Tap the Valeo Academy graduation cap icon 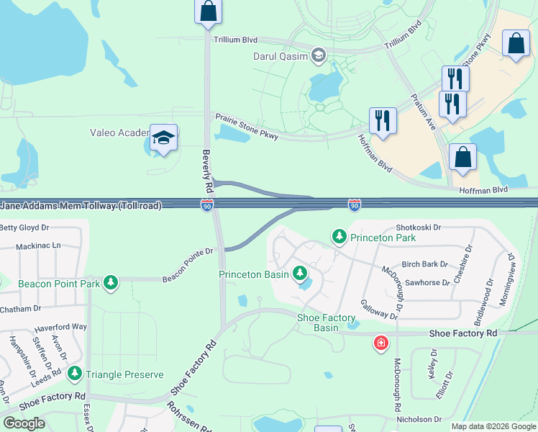(164, 137)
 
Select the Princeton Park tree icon (339, 235)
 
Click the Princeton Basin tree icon (299, 274)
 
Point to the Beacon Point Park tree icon (110, 283)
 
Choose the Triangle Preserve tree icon (75, 374)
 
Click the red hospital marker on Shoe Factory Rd (380, 343)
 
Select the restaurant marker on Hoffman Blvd (383, 121)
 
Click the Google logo (24, 423)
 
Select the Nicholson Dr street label (418, 419)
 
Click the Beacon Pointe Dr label (188, 264)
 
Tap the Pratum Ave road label (423, 109)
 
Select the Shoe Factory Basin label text (327, 323)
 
